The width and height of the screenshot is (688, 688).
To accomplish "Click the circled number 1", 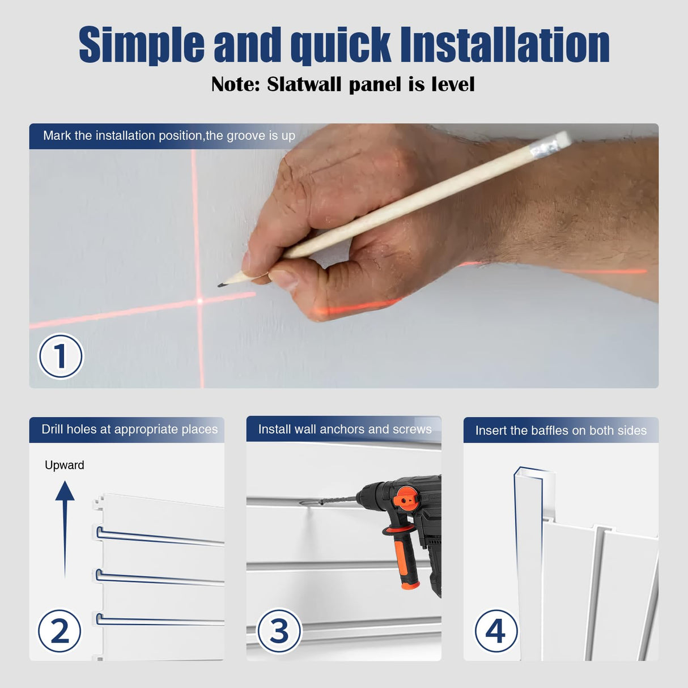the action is point(60,356).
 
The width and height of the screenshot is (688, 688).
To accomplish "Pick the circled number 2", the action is point(60,631).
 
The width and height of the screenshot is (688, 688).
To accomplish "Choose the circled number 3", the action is point(279,631).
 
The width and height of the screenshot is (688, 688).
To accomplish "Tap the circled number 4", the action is point(496,631).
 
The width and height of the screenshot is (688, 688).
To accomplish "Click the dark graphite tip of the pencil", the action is point(220,285).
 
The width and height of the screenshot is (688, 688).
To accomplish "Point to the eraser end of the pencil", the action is point(562,141).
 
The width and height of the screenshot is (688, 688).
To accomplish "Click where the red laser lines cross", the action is point(199,301).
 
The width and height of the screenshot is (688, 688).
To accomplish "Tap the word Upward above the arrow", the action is point(65,465).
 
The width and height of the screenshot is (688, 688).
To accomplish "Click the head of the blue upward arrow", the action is point(65,491).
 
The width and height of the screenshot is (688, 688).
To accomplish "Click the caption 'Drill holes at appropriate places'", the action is point(130,429).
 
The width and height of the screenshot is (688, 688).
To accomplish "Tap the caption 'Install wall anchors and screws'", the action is point(345,429).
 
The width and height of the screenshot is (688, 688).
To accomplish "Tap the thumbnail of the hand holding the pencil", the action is point(344,256).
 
